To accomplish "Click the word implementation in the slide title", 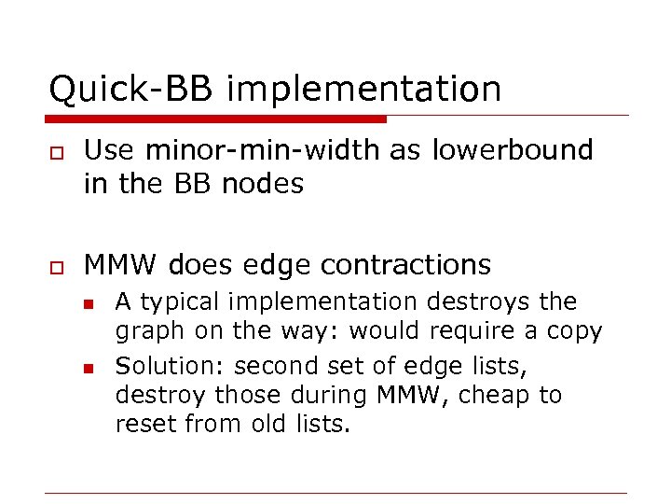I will [x=363, y=91].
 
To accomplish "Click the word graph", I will [x=143, y=331].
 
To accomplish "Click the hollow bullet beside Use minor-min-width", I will [x=55, y=152].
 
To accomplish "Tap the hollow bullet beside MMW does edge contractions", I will [x=55, y=267].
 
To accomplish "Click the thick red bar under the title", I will [x=215, y=119].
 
